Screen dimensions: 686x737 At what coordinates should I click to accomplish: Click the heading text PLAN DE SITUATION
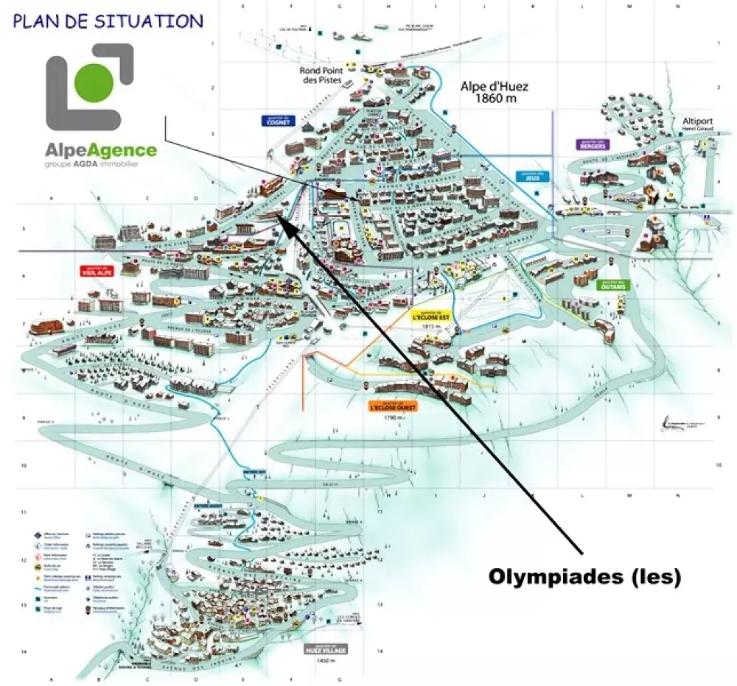[x=108, y=21]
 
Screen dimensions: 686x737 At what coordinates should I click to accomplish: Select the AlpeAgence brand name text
[x=101, y=151]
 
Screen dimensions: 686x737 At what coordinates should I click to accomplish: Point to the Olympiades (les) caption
[x=584, y=578]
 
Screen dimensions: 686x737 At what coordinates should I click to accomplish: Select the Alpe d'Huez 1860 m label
[x=495, y=91]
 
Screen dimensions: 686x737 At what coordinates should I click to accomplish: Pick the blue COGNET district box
[x=277, y=121]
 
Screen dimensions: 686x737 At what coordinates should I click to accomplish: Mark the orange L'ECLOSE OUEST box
[x=394, y=405]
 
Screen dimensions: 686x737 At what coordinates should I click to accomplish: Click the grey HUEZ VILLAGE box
[x=324, y=650]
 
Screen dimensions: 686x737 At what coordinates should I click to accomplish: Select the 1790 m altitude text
[x=394, y=417]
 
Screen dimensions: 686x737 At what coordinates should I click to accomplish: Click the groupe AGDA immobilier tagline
[x=91, y=164]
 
